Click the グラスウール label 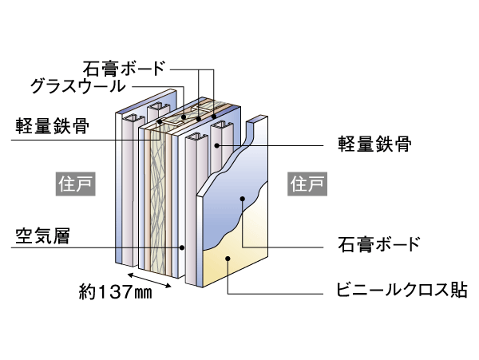click(x=78, y=85)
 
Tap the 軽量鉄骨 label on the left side click(x=52, y=125)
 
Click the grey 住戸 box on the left click(x=75, y=184)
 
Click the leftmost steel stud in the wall click(x=127, y=192)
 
